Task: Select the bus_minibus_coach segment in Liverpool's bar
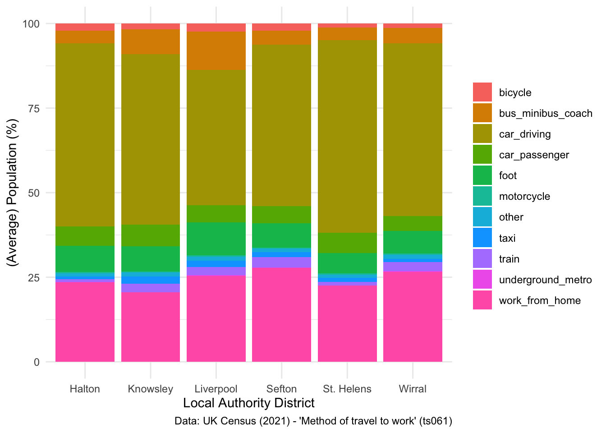coord(216,51)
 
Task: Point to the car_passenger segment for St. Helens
coord(347,243)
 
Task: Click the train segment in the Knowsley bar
coord(151,288)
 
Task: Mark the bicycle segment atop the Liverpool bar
coord(216,28)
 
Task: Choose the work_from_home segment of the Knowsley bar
coord(151,327)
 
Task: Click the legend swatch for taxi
coord(482,238)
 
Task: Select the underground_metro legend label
coord(545,280)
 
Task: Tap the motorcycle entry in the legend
coord(524,196)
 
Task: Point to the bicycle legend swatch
coord(482,92)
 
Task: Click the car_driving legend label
coord(525,134)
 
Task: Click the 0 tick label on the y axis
coord(37,362)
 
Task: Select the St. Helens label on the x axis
coord(347,389)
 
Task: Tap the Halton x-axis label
coord(85,389)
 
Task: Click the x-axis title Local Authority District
coord(249,403)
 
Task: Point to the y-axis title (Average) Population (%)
coord(13,193)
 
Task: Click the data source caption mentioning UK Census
coord(313,421)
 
